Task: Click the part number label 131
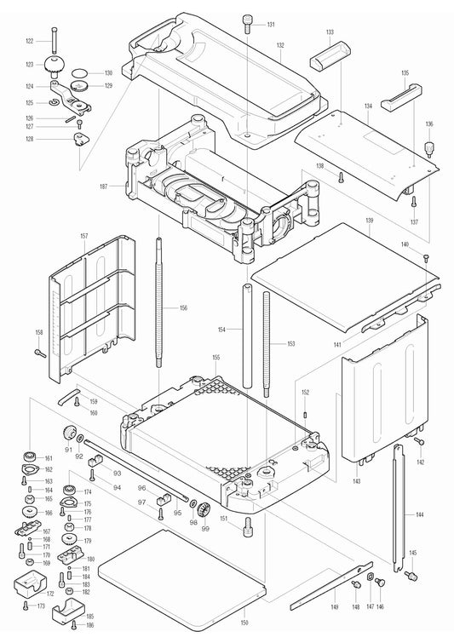click(x=271, y=24)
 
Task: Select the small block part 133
click(x=330, y=60)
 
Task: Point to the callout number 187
click(x=104, y=186)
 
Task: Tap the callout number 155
click(x=216, y=357)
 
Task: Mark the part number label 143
click(x=356, y=482)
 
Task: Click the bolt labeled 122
click(x=53, y=40)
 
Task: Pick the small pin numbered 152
click(x=305, y=414)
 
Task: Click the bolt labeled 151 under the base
click(x=248, y=522)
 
